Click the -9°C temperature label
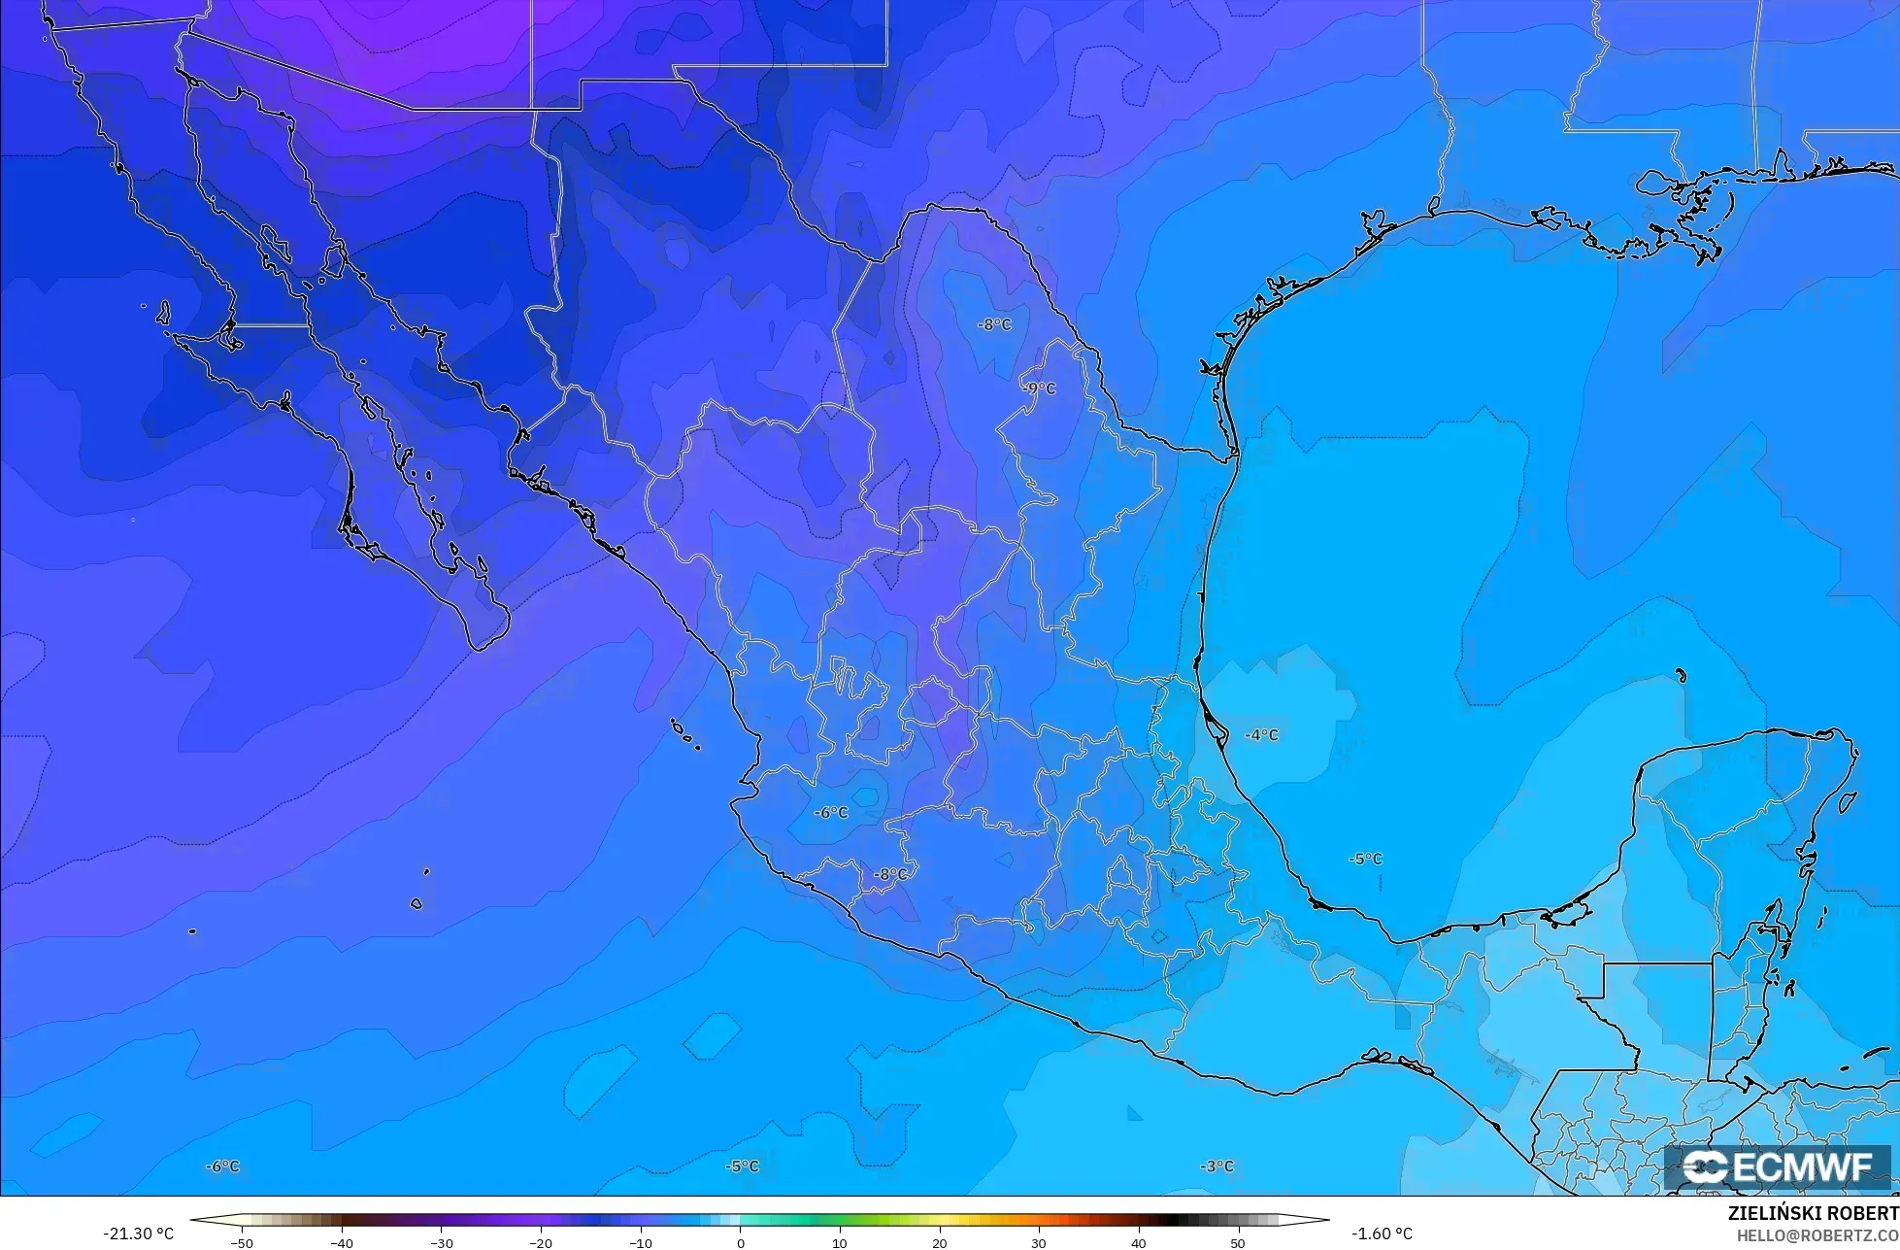(1039, 389)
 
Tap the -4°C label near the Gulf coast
(1261, 735)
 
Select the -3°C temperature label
(1217, 1166)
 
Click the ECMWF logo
(1779, 1167)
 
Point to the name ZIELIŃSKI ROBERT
(1813, 1214)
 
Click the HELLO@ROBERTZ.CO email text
(1817, 1234)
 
